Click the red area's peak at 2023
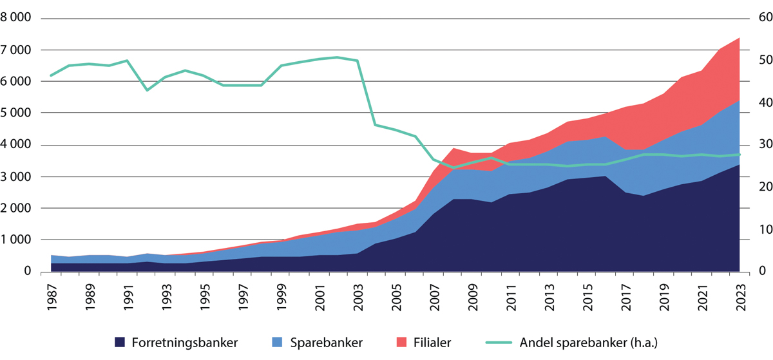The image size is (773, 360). pyautogui.click(x=739, y=38)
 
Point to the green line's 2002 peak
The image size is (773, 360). pyautogui.click(x=338, y=57)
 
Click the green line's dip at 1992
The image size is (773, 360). pyautogui.click(x=147, y=90)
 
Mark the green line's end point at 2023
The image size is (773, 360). pyautogui.click(x=739, y=155)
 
